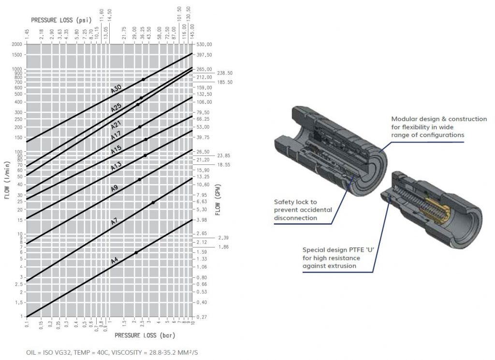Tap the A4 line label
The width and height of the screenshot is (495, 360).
point(115,261)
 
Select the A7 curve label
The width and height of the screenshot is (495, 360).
point(115,222)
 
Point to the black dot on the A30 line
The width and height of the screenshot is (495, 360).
point(144,79)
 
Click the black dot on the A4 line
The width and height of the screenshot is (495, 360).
point(136,253)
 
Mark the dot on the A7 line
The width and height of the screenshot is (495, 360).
point(153,202)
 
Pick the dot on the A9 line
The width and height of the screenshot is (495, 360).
point(140,179)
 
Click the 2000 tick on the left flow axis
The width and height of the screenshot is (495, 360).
point(17,44)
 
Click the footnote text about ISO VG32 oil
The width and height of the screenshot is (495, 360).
point(112,353)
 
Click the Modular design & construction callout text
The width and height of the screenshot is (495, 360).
point(438,127)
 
